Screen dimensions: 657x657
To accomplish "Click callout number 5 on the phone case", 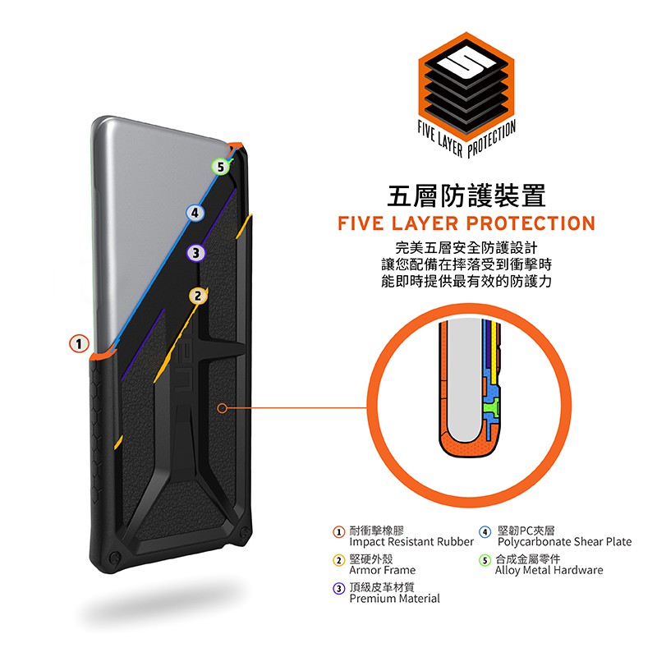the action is click(x=220, y=167).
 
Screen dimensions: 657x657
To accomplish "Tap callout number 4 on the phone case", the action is click(x=195, y=213).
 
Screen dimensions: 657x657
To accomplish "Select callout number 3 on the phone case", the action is click(x=195, y=253).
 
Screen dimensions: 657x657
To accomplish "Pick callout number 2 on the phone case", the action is click(x=198, y=296).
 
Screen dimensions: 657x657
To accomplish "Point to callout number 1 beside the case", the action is click(x=79, y=343).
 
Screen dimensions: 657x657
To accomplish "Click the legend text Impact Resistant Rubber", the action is click(x=411, y=542).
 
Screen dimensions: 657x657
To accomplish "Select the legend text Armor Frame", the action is click(x=382, y=570).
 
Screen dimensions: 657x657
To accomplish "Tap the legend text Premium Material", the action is click(x=394, y=599).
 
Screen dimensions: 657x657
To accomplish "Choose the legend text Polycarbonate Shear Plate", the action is click(x=564, y=542).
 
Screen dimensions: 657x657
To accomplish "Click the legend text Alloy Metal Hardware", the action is click(x=549, y=570).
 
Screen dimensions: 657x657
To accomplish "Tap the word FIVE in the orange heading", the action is click(x=361, y=223).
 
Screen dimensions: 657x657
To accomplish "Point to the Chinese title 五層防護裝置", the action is click(x=466, y=195).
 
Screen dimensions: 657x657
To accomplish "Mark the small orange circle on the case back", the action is click(x=223, y=407).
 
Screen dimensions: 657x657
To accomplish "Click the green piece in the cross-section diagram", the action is click(x=491, y=406).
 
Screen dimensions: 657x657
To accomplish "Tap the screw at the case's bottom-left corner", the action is click(x=114, y=558).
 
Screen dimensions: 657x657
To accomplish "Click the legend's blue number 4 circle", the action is click(x=485, y=532).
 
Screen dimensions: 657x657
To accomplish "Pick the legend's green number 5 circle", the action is click(x=485, y=560).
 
